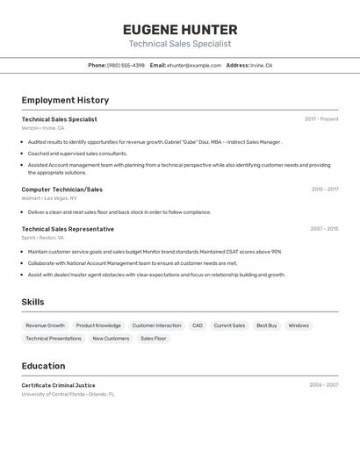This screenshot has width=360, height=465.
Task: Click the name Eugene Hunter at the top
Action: pyautogui.click(x=180, y=30)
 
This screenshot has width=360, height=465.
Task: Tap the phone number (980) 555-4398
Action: pyautogui.click(x=126, y=65)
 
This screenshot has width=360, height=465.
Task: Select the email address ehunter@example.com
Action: pyautogui.click(x=194, y=65)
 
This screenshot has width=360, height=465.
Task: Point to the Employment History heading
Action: pyautogui.click(x=65, y=100)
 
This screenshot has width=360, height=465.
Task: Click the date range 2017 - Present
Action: pyautogui.click(x=321, y=119)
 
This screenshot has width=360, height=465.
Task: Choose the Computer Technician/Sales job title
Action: pyautogui.click(x=61, y=190)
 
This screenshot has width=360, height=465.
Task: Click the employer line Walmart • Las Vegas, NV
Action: pyautogui.click(x=49, y=198)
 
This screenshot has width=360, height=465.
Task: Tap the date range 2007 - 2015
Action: pyautogui.click(x=324, y=229)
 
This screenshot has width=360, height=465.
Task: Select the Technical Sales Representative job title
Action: pyautogui.click(x=68, y=229)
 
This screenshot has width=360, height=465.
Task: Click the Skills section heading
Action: pyautogui.click(x=33, y=302)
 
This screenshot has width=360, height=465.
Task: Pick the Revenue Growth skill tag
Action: pyautogui.click(x=45, y=325)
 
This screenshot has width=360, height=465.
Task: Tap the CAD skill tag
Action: pyautogui.click(x=198, y=325)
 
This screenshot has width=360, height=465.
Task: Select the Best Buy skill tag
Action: pyautogui.click(x=267, y=325)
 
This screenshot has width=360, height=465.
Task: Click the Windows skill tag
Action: pyautogui.click(x=299, y=325)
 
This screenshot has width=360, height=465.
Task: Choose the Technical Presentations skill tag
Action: pyautogui.click(x=54, y=339)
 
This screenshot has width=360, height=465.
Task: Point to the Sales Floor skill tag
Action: pyautogui.click(x=153, y=339)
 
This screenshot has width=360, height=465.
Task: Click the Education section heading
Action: pyautogui.click(x=43, y=366)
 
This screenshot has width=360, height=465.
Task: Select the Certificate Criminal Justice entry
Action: pyautogui.click(x=58, y=385)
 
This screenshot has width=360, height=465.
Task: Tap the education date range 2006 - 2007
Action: pyautogui.click(x=323, y=385)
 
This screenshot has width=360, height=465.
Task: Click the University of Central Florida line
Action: pyautogui.click(x=68, y=394)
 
